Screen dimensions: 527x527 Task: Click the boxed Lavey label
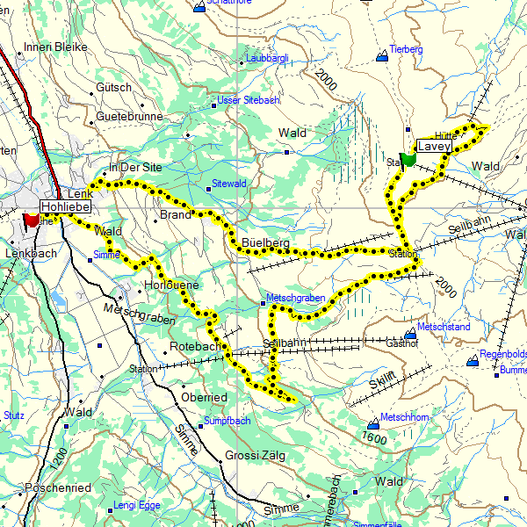[x=434, y=147]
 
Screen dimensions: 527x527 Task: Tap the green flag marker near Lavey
[x=408, y=159]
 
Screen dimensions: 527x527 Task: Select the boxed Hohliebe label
[x=66, y=206]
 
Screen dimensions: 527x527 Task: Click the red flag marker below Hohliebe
[x=32, y=219]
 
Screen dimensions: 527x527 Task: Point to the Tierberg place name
[x=406, y=50]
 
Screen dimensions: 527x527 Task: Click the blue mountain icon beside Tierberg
[x=381, y=57]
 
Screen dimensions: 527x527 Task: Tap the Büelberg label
[x=264, y=242]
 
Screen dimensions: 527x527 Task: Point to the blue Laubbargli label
[x=268, y=59]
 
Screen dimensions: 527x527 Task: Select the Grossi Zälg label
[x=256, y=456]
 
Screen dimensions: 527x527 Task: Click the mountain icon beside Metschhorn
[x=371, y=424]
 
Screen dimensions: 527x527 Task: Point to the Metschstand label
[x=444, y=327]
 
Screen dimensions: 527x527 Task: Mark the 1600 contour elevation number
[x=373, y=438]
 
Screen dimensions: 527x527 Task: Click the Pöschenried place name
[x=58, y=487]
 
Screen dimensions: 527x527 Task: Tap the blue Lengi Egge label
[x=139, y=506]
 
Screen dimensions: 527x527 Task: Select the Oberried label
[x=204, y=397]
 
